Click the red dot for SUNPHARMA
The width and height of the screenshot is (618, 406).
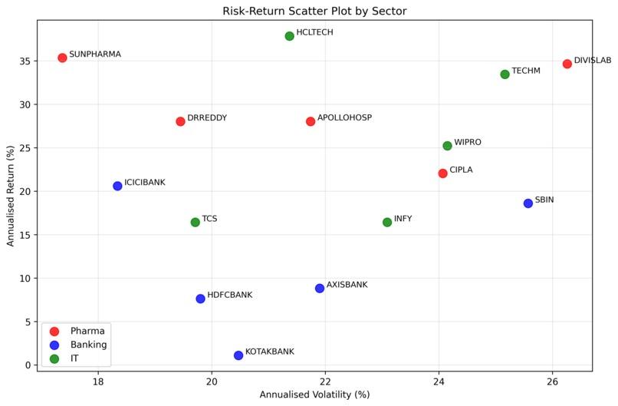[x=62, y=58]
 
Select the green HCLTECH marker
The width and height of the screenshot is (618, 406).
[x=289, y=36]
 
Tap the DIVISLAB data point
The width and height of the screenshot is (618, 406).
[x=567, y=64]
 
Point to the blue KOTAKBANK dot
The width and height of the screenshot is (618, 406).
[x=238, y=355]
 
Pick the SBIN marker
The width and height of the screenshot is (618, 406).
[x=528, y=203]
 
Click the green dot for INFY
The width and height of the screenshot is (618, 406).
[x=387, y=223]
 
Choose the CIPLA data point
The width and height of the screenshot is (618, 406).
[x=442, y=173]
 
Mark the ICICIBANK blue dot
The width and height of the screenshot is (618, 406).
[x=117, y=186]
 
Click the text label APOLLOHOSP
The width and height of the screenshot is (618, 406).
[x=344, y=117]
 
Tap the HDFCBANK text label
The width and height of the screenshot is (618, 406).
[x=230, y=295]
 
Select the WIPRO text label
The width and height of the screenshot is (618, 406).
[x=468, y=142]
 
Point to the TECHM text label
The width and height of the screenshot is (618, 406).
[x=526, y=71]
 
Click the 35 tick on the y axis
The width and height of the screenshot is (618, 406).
[x=25, y=61]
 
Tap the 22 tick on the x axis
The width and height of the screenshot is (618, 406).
[x=325, y=381]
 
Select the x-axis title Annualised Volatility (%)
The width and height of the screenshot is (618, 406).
[x=314, y=394]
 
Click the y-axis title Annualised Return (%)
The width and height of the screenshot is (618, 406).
[x=10, y=196]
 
